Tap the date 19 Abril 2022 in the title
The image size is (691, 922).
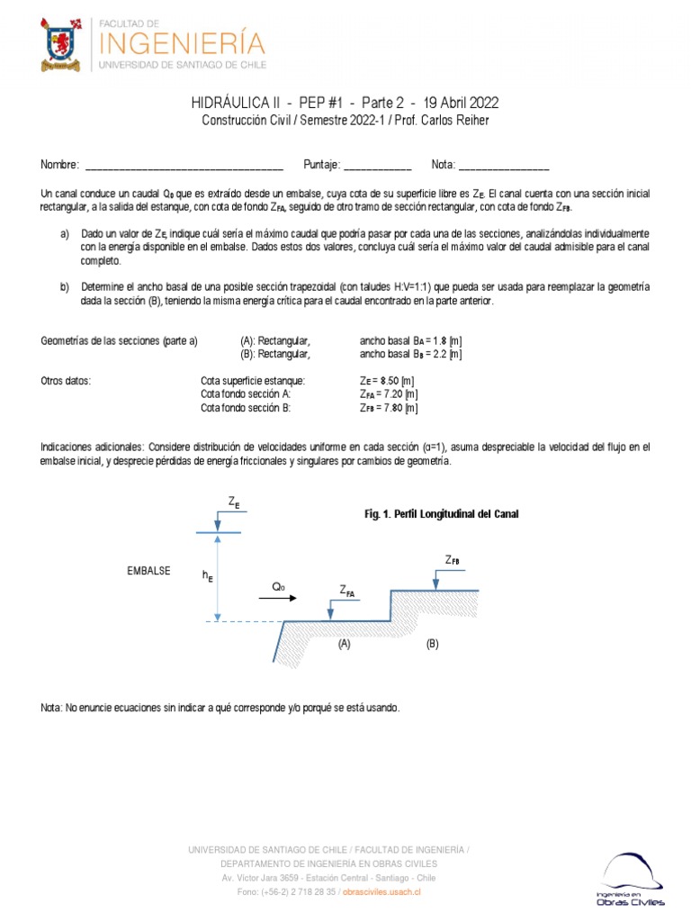click(454, 103)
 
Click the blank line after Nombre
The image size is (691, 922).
click(184, 166)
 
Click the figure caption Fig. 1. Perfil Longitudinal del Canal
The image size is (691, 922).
click(440, 513)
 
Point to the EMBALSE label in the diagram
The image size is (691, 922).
click(148, 571)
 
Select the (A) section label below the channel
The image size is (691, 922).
click(344, 645)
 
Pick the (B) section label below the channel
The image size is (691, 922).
click(432, 645)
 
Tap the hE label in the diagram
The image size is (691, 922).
click(208, 574)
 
